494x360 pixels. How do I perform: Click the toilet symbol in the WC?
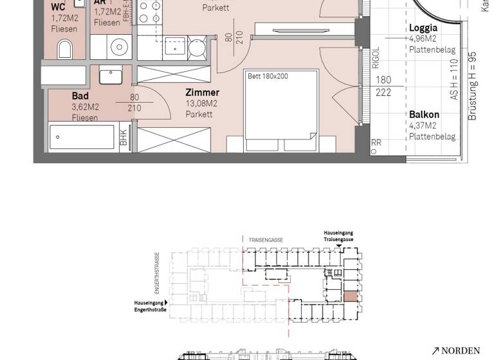pos(65,49)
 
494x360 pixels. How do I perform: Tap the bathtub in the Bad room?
pos(82,137)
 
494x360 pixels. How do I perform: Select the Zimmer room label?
pos(202,93)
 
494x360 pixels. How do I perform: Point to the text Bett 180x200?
pos(268,76)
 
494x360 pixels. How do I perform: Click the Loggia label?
pos(423,28)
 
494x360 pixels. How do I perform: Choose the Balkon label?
pos(424,115)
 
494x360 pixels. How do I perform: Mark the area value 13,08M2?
pos(201,104)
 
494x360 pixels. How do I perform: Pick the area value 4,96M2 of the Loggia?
pos(423,39)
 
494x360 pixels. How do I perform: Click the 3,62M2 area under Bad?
pos(85,107)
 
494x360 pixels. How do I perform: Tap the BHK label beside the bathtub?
pos(123,137)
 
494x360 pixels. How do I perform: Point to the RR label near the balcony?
pos(376,143)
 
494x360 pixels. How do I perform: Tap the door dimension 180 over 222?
pos(383,86)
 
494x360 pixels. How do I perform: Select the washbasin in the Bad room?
pos(111,75)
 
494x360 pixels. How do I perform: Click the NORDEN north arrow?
pos(455,350)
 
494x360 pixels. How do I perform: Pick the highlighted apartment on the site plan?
pos(350,296)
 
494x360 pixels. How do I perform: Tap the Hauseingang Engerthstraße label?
pos(150,306)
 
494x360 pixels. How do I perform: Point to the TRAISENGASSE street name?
pos(266,240)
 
